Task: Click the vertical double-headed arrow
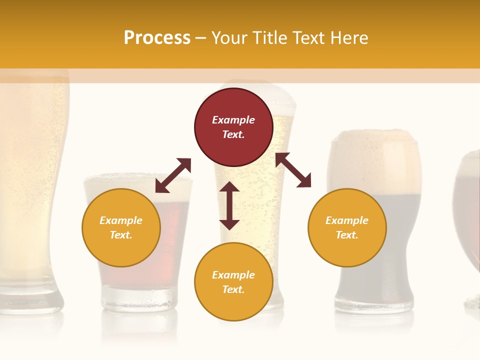(x=229, y=205)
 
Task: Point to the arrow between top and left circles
(x=173, y=175)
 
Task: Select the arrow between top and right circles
(x=293, y=170)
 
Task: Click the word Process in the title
(x=157, y=37)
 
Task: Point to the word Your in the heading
(x=229, y=37)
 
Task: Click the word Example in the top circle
(x=233, y=120)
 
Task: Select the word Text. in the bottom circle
(x=233, y=289)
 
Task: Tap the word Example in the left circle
(x=121, y=220)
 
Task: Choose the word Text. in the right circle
(x=347, y=235)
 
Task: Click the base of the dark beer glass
(x=374, y=302)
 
